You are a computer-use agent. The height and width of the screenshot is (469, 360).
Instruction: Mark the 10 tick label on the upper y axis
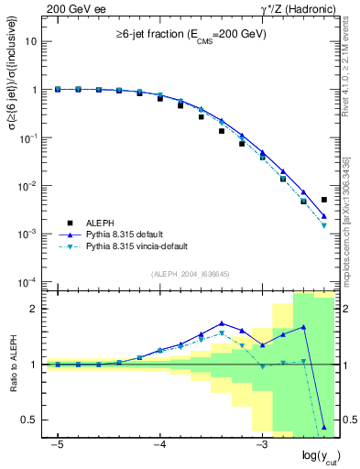pyautogui.click(x=32, y=42)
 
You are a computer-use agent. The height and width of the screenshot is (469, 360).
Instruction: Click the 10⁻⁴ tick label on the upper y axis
pyautogui.click(x=28, y=281)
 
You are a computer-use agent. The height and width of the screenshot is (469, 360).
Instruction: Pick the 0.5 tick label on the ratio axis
pyautogui.click(x=30, y=420)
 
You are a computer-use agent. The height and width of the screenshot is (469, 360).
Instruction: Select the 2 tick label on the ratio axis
pyautogui.click(x=35, y=309)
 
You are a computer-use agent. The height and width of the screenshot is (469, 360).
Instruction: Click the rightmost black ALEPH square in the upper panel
pyautogui.click(x=324, y=200)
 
